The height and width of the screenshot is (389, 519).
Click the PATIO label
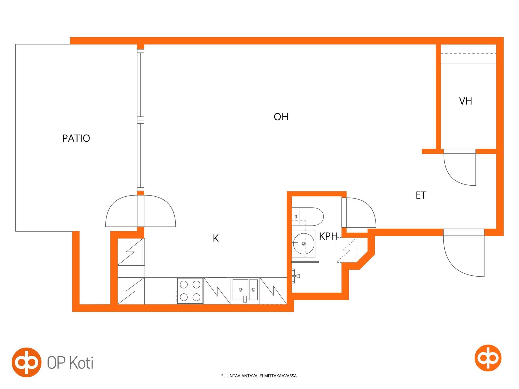click(x=76, y=138)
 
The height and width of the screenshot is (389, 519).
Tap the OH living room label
click(x=281, y=117)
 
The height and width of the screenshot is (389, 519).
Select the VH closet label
click(x=465, y=101)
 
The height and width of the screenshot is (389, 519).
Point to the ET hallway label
click(x=421, y=195)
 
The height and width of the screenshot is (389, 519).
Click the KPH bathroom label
click(x=328, y=236)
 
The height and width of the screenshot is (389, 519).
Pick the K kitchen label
click(x=215, y=238)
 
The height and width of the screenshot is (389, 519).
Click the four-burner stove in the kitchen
click(x=190, y=291)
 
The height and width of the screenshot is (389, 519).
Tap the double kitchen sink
click(x=245, y=290)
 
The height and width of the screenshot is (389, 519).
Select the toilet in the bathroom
click(x=308, y=217)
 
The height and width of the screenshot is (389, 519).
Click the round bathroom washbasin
click(x=304, y=244)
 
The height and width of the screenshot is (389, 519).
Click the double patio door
click(x=141, y=211)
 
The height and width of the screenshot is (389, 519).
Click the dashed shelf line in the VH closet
click(x=468, y=54)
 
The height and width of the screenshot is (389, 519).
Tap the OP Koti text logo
click(x=53, y=363)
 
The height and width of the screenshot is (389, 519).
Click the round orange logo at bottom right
click(x=488, y=358)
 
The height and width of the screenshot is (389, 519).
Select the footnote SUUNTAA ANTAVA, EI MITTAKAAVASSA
click(x=259, y=376)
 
